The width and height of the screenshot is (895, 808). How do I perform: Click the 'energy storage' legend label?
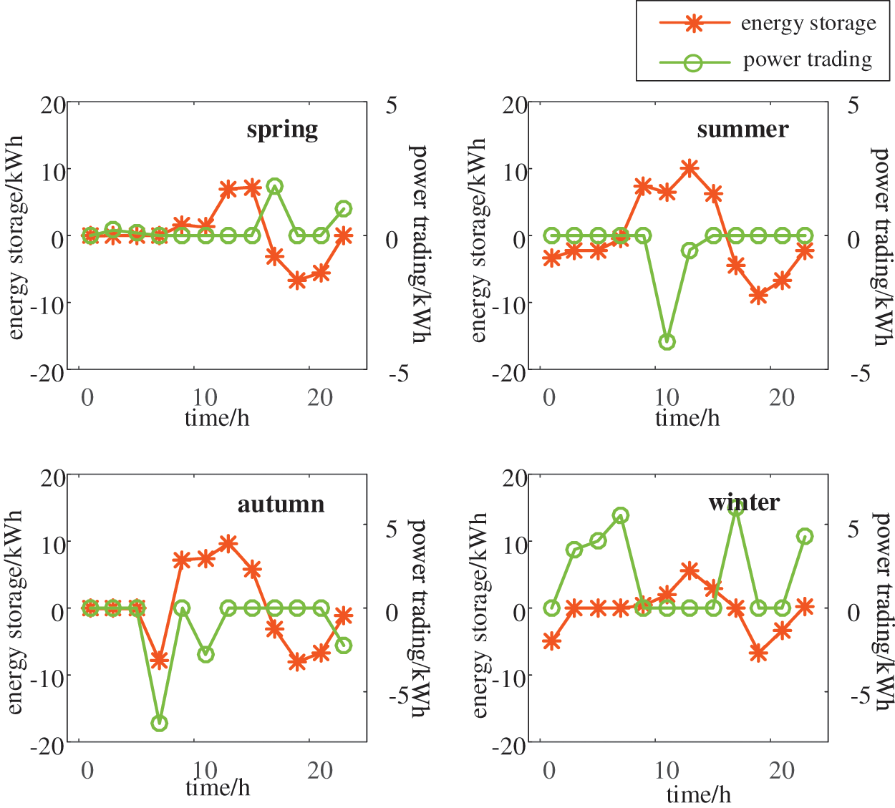pos(808,24)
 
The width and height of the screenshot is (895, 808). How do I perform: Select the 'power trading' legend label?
pos(808,59)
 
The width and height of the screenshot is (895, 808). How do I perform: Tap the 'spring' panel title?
pos(282,130)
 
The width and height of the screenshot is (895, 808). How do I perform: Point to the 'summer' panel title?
pos(742,130)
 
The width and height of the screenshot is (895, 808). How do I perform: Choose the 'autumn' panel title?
pos(281,505)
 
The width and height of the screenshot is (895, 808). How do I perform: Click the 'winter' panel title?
pos(744,502)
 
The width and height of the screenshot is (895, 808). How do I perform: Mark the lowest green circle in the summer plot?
pos(667,341)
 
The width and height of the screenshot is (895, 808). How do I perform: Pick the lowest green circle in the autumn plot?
pos(159,723)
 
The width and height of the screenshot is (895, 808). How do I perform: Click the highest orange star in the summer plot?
pos(690,168)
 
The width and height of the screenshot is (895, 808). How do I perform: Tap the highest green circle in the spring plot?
pos(274,186)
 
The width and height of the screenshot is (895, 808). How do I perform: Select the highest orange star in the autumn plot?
pos(228,543)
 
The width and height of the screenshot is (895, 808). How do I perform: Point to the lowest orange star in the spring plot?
pos(298,281)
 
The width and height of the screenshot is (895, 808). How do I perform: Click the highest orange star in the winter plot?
pos(690,570)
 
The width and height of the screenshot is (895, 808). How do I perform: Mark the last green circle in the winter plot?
pos(805,537)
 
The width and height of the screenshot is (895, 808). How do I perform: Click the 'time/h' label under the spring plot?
pos(217,417)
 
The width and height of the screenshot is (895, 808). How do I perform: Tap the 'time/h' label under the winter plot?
pos(699,794)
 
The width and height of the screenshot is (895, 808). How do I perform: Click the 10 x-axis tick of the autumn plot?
pos(205,770)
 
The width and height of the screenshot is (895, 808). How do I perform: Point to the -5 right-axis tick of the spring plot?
pos(398,373)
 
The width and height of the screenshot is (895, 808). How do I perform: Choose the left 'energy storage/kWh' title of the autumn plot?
pos(16,612)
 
